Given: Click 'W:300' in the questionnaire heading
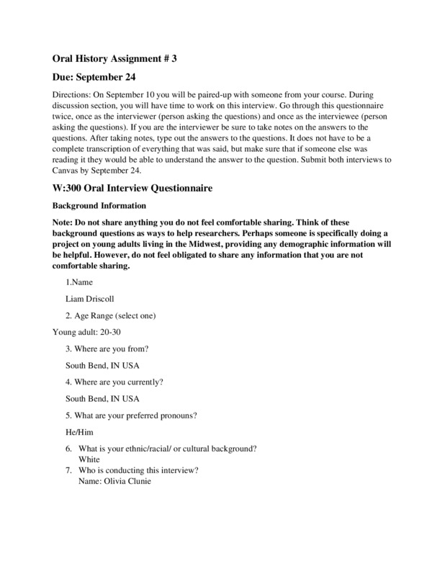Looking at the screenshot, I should click(70, 188).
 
